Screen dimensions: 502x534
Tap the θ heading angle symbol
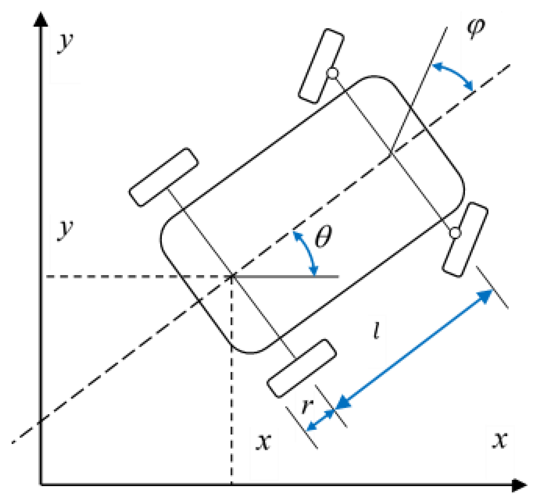point(323,236)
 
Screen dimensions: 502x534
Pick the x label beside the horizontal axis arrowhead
point(500,440)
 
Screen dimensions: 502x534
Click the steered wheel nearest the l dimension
point(465,240)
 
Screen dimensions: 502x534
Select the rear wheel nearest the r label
point(301,368)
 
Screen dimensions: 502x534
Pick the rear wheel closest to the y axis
point(164,177)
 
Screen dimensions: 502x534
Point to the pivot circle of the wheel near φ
point(332,73)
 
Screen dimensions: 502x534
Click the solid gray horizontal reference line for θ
point(287,277)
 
